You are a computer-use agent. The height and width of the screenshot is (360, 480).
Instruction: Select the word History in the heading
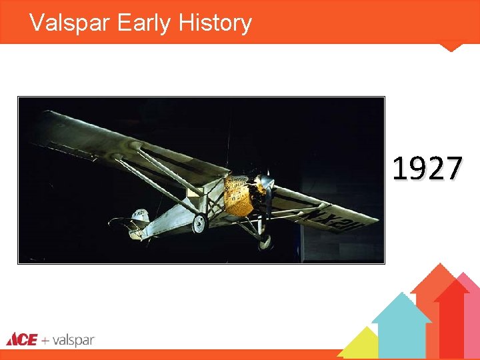point(215,23)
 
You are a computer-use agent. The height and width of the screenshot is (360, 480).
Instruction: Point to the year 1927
point(427,169)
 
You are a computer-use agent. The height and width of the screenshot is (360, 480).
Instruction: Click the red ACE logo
point(21,339)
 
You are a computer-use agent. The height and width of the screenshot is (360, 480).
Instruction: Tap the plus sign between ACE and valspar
point(45,340)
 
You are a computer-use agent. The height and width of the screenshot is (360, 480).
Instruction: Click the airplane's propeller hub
point(267,183)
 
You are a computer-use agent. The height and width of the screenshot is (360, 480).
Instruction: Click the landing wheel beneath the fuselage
point(199,224)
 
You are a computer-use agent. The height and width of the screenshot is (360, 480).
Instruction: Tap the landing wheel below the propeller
point(265,240)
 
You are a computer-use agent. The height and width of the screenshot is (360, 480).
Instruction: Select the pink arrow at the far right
point(471,313)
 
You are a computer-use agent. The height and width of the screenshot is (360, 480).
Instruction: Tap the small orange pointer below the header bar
point(452,47)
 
